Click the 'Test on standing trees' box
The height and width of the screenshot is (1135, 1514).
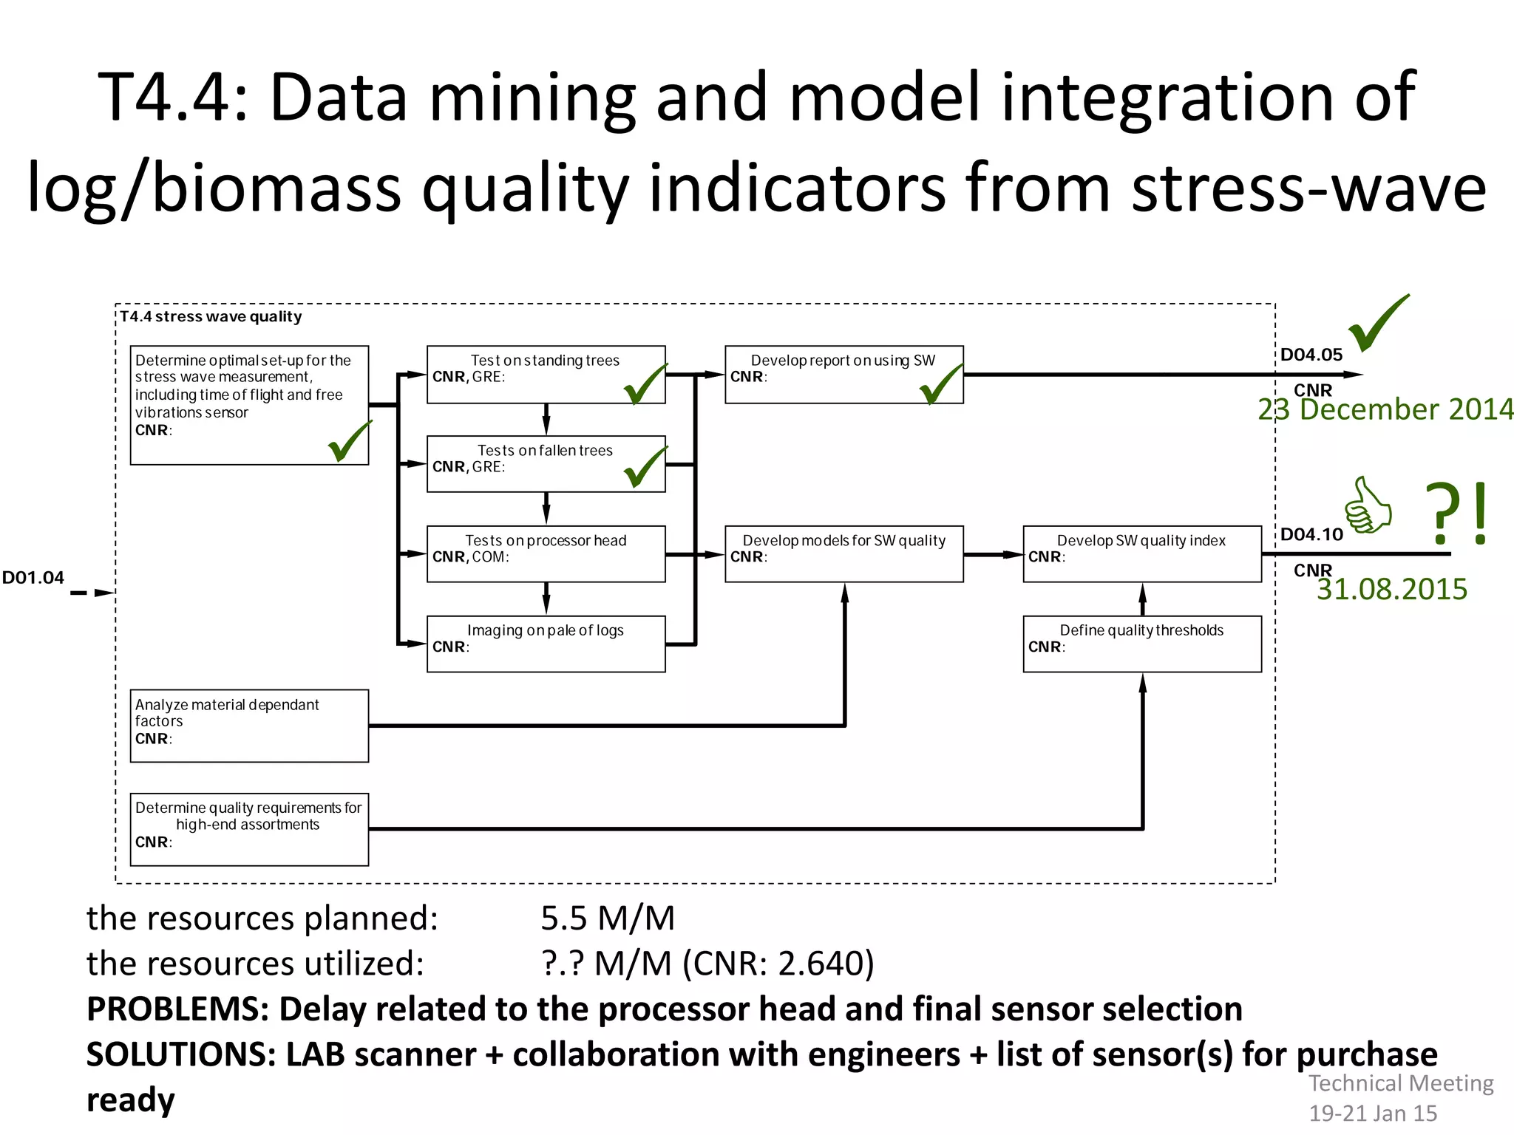coord(546,374)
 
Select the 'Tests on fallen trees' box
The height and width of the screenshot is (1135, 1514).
coord(546,464)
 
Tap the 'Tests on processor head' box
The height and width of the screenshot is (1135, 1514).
coord(546,554)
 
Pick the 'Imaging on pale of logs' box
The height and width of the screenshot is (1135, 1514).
coord(546,644)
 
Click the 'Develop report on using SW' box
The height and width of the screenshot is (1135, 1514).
coord(843,374)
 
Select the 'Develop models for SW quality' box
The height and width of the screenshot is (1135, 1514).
coord(843,554)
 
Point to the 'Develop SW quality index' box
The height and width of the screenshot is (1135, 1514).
coord(1141,554)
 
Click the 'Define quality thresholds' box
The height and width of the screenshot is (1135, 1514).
coord(1141,644)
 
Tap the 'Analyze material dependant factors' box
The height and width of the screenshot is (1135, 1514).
coord(249,726)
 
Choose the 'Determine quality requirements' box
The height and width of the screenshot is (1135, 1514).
coord(249,829)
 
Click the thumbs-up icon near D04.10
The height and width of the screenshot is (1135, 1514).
coord(1368,506)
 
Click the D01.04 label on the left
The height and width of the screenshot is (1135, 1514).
coord(33,578)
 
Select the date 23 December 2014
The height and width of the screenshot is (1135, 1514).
coord(1385,409)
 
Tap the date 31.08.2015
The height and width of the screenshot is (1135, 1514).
coord(1391,589)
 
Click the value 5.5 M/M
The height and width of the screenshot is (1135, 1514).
coord(608,918)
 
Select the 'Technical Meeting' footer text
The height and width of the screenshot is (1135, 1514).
coord(1401,1083)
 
